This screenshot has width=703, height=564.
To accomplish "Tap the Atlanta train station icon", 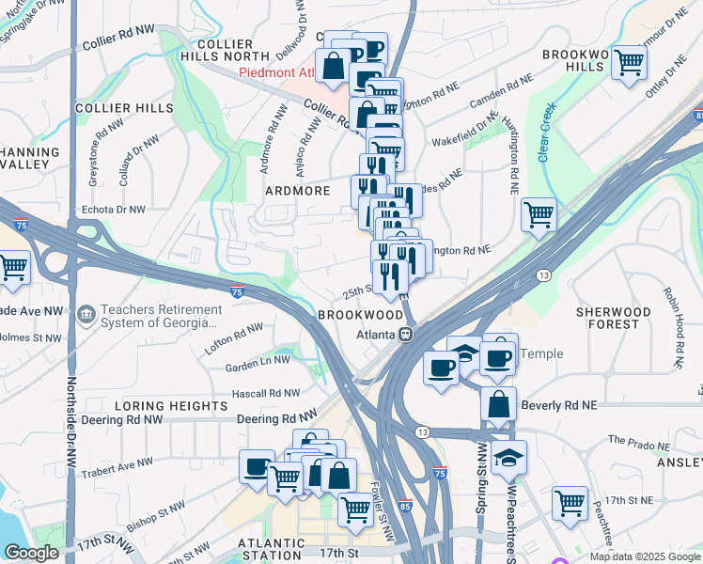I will click(x=406, y=334).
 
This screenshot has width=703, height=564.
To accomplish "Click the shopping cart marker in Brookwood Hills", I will click(x=629, y=62).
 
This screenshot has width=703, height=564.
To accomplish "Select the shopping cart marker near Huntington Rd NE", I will click(x=539, y=214).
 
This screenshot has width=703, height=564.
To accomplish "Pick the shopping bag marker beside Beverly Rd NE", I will click(x=498, y=404).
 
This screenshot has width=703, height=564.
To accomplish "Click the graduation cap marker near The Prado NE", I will click(x=508, y=457).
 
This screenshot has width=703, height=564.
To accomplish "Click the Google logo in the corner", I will click(x=31, y=553).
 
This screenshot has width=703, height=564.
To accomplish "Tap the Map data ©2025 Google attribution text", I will click(x=644, y=556).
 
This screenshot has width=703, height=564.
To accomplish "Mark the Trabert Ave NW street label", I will click(x=117, y=462).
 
